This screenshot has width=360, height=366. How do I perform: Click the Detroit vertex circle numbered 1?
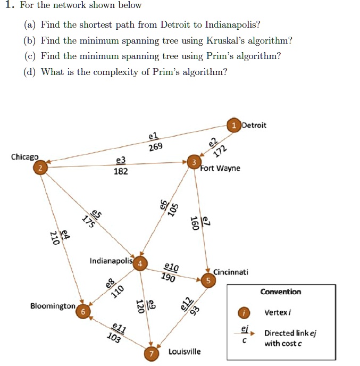tap(234, 125)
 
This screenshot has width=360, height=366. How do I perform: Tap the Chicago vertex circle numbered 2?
tap(39, 168)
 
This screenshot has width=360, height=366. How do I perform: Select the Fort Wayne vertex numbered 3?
tap(195, 162)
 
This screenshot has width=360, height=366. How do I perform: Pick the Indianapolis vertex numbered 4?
tap(140, 263)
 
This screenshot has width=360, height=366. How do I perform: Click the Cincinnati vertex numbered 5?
tap(209, 279)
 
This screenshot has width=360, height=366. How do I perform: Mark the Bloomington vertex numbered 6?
tap(83, 311)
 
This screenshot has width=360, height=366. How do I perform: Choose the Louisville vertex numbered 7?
tap(152, 354)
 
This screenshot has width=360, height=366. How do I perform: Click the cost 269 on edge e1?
tap(156, 147)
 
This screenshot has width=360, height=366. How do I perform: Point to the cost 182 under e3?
tap(121, 171)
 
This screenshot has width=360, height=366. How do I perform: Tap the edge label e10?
tap(172, 267)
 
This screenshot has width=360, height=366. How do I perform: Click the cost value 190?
tap(168, 277)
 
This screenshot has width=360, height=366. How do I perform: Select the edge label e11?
tap(119, 328)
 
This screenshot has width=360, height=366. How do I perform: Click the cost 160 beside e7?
tap(195, 223)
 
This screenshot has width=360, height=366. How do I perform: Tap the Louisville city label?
tap(185, 352)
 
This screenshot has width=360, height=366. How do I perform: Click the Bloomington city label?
tap(53, 306)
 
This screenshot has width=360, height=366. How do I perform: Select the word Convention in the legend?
tap(281, 292)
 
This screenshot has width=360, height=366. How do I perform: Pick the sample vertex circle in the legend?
tap(244, 312)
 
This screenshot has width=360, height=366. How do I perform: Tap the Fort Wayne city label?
tap(220, 169)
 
